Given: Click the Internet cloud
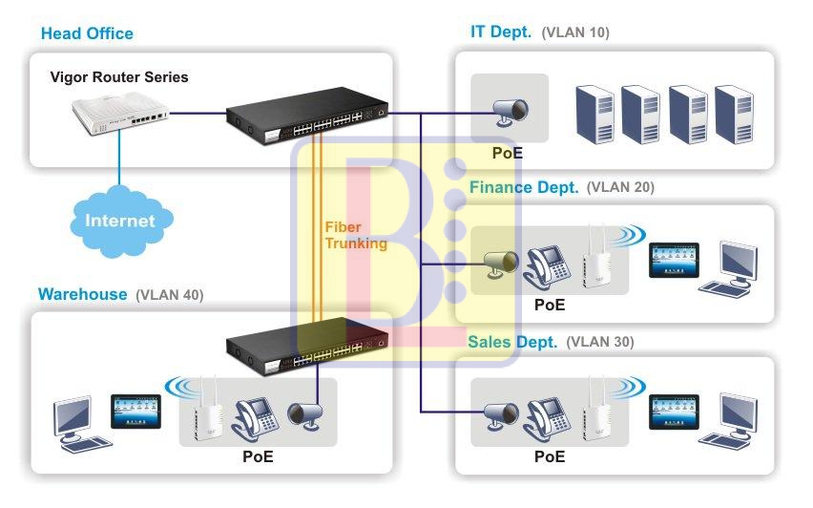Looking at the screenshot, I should pos(120,221).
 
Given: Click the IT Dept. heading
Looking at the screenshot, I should pos(500,32).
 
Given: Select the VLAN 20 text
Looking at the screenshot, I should pos(620,187).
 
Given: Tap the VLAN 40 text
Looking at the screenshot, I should pos(169,294).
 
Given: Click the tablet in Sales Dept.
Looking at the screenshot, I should pos(673,411).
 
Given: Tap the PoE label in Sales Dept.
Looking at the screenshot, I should pos(549,456).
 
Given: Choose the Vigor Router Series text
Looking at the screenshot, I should pos(119,77).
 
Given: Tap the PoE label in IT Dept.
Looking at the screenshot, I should pos(508,152).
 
